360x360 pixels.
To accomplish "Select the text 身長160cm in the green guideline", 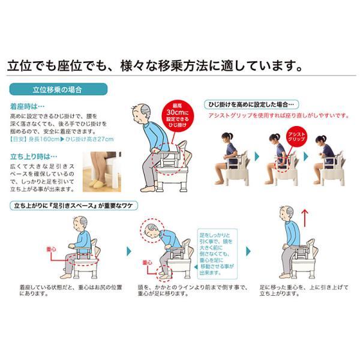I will tap(46, 140).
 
